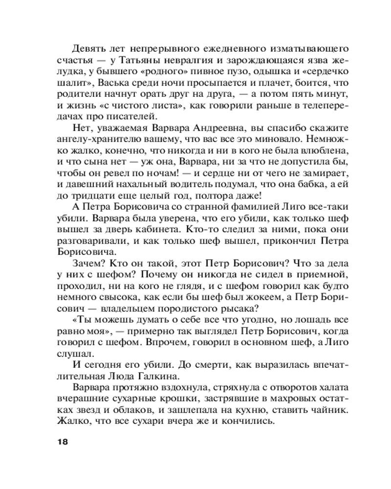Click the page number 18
click(x=62, y=442)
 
